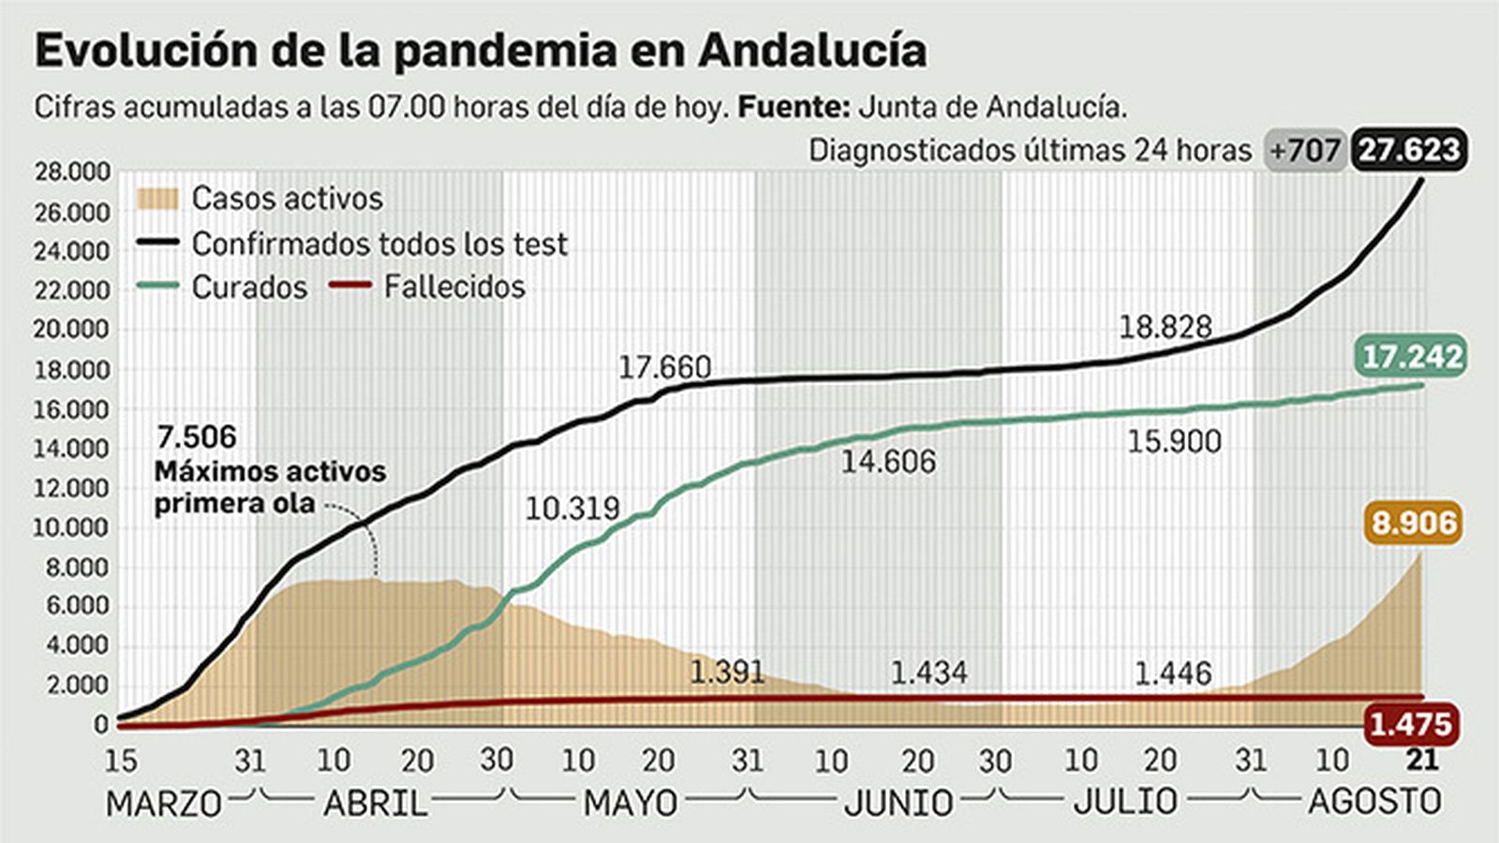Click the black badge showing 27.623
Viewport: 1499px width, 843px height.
1409,150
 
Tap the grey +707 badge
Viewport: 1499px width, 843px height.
1304,150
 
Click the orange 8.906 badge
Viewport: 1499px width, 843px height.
1414,522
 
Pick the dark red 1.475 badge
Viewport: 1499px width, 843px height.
1411,724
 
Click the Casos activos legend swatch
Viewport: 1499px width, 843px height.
156,199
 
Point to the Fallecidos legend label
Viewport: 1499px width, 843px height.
454,287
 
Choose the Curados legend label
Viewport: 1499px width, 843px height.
249,288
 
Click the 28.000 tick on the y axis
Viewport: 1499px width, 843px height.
72,171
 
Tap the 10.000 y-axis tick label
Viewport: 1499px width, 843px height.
72,527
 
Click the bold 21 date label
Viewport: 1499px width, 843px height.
1422,759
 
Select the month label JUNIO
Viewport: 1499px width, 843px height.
898,803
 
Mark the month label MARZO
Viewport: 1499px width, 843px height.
164,804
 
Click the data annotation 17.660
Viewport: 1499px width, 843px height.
664,367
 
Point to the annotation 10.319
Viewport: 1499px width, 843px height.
571,509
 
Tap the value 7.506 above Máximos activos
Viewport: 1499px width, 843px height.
197,436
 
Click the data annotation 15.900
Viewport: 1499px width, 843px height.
1174,441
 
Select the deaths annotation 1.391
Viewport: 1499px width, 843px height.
727,672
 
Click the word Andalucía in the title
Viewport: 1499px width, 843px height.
812,50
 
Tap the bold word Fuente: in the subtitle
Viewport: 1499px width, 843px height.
794,107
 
